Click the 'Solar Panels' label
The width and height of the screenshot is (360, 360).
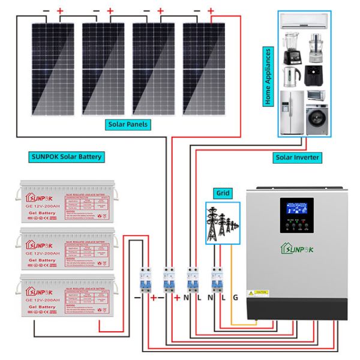[127, 125]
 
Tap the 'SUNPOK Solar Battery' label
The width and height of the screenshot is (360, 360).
[66, 157]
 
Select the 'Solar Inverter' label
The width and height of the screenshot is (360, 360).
[297, 157]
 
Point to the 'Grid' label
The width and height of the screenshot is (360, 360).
[222, 194]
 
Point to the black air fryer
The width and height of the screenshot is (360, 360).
[316, 76]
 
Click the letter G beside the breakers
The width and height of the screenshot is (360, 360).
[235, 297]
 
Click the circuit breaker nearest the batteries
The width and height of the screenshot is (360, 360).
[145, 277]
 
